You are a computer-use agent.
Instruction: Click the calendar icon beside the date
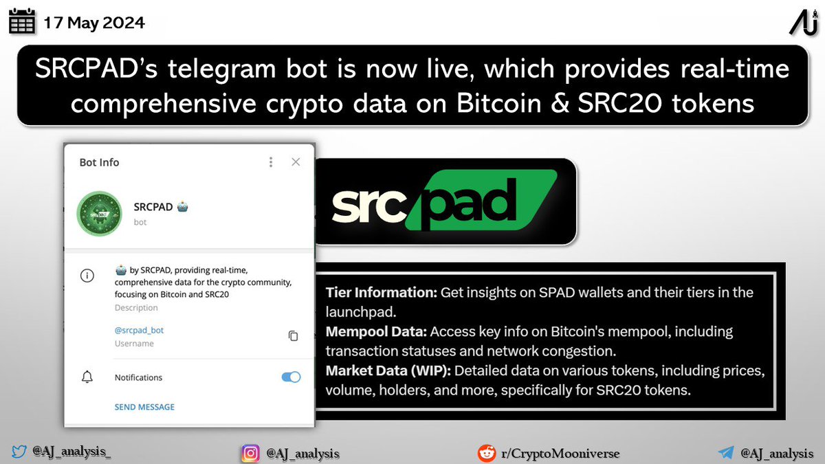pos(22,23)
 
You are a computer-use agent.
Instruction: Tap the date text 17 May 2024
pos(94,23)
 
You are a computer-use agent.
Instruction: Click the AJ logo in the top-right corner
pos(803,23)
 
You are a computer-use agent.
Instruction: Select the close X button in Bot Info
pos(296,162)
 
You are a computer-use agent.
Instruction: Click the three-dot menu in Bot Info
pos(271,162)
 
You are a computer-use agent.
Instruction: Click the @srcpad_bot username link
pos(139,330)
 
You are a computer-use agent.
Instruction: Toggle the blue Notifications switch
pos(291,377)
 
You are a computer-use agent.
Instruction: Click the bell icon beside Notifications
pos(87,377)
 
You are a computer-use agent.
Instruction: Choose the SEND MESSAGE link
pos(144,407)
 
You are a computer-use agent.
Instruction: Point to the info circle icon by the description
pos(87,276)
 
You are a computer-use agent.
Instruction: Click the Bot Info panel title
pos(100,162)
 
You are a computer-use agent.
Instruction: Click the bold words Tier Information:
pos(382,292)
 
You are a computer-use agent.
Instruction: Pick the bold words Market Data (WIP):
pos(388,371)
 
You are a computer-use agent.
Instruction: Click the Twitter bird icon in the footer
pos(19,452)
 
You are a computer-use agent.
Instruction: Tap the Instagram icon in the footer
pos(250,453)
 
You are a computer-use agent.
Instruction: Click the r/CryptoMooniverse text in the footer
pos(560,454)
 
